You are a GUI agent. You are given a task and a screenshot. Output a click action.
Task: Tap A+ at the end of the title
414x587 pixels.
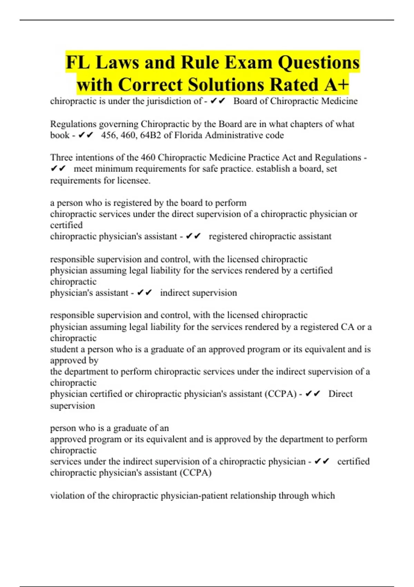pos(337,85)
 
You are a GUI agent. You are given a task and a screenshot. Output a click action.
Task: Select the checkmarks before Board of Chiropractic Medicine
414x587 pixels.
pos(217,101)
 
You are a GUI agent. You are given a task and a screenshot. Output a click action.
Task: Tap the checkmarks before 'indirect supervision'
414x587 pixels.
pos(144,293)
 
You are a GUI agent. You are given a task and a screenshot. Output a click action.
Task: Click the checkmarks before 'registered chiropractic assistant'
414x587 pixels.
pos(193,236)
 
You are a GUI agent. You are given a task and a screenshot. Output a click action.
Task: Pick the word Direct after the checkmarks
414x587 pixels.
pos(340,394)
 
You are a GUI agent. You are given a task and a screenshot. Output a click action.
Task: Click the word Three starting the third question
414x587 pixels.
pos(61,157)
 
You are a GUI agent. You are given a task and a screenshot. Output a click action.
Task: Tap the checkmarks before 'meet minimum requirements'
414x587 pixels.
pos(58,169)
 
